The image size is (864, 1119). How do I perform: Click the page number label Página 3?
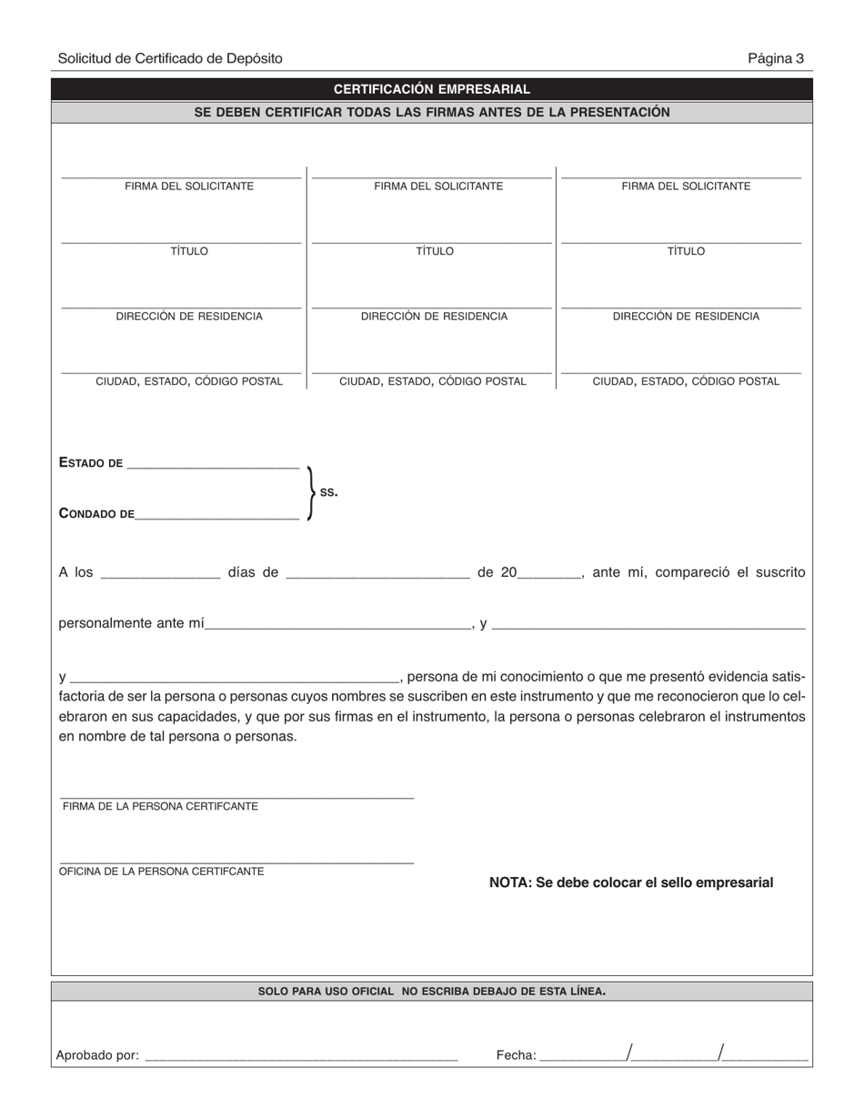pyautogui.click(x=775, y=58)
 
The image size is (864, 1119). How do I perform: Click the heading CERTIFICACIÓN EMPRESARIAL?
pyautogui.click(x=431, y=89)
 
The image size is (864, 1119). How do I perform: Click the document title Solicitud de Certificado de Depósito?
pyautogui.click(x=170, y=58)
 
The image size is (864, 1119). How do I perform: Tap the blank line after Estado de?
pyautogui.click(x=213, y=466)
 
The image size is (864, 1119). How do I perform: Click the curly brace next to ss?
pyautogui.click(x=311, y=492)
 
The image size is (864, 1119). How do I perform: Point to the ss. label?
pyautogui.click(x=328, y=492)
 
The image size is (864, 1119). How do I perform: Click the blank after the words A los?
pyautogui.click(x=160, y=576)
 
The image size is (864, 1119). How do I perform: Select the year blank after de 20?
pyautogui.click(x=549, y=576)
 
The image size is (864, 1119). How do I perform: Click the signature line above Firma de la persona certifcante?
pyautogui.click(x=236, y=797)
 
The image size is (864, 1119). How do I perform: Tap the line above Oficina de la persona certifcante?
pyautogui.click(x=236, y=862)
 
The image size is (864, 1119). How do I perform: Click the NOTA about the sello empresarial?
pyautogui.click(x=631, y=882)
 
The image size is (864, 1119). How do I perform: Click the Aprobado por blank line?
pyautogui.click(x=301, y=1059)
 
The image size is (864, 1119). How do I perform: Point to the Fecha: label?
pyautogui.click(x=516, y=1055)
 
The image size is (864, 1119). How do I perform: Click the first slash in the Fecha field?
pyautogui.click(x=629, y=1053)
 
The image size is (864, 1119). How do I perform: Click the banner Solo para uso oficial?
pyautogui.click(x=431, y=991)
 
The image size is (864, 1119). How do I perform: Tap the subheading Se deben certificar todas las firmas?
pyautogui.click(x=431, y=112)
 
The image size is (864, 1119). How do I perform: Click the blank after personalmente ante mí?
pyautogui.click(x=337, y=628)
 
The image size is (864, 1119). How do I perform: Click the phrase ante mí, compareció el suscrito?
pyautogui.click(x=698, y=572)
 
